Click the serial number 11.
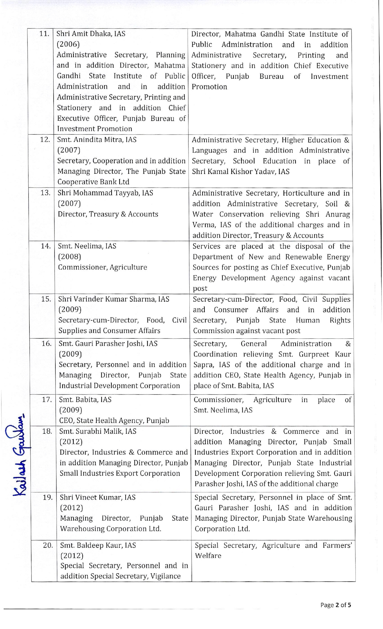pyautogui.click(x=44, y=34)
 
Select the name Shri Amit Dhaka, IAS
pyautogui.click(x=91, y=34)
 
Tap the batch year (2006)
pyautogui.click(x=68, y=44)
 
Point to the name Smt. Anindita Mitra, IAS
pyautogui.click(x=96, y=140)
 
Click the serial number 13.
pyautogui.click(x=45, y=193)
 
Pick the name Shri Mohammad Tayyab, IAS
pyautogui.click(x=105, y=193)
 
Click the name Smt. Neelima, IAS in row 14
pyautogui.click(x=87, y=246)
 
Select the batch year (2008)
pyautogui.click(x=70, y=257)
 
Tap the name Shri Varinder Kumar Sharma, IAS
pyautogui.click(x=114, y=299)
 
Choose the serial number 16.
pyautogui.click(x=46, y=343)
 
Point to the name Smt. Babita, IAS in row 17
pyautogui.click(x=85, y=400)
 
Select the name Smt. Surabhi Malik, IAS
pyautogui.click(x=98, y=431)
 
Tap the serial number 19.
pyautogui.click(x=47, y=497)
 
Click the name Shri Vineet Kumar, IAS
pyautogui.click(x=98, y=498)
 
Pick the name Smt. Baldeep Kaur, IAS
pyautogui.click(x=98, y=545)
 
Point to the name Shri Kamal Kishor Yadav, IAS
pyautogui.click(x=241, y=172)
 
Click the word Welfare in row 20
pyautogui.click(x=208, y=556)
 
